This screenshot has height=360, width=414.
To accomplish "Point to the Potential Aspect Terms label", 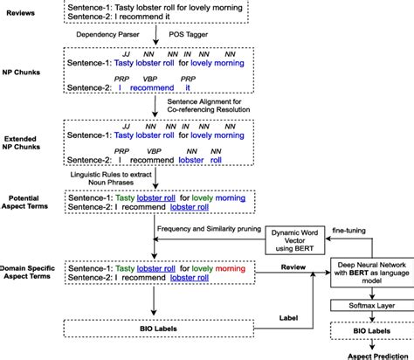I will pyautogui.click(x=28, y=205).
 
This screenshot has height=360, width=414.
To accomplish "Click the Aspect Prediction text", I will pyautogui.click(x=367, y=354).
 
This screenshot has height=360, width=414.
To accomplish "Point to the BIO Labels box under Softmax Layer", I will pyautogui.click(x=367, y=333).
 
